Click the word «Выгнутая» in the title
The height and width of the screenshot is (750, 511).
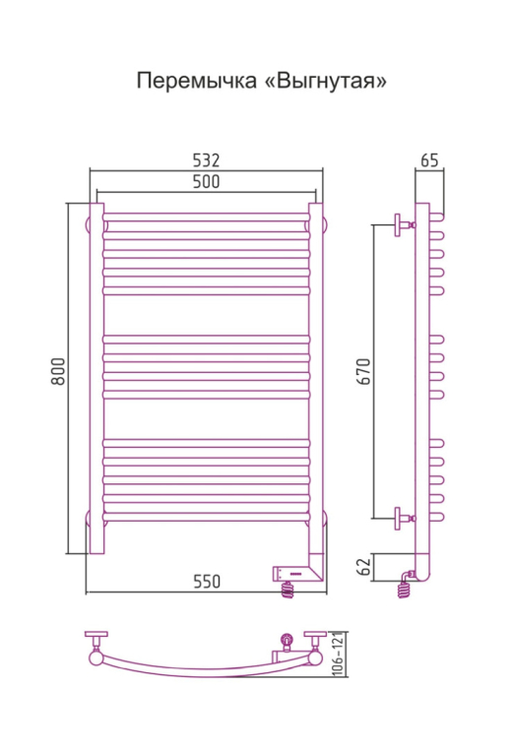coord(325,81)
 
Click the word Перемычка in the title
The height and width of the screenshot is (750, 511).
coord(197,81)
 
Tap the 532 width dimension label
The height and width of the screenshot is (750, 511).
coord(206,160)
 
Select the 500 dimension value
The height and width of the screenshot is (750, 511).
coord(206,182)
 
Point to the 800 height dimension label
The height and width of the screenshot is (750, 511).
coord(58,371)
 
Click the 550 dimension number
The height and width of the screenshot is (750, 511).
coord(207,582)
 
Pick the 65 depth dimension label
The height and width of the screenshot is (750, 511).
coord(429,160)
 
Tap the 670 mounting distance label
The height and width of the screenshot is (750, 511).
coord(363,371)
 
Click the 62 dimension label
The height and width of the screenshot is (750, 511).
coord(364,567)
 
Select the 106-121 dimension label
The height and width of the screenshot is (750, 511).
coord(338,654)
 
